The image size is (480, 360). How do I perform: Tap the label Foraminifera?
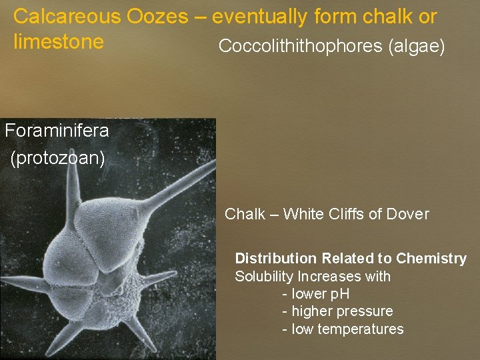click(x=57, y=131)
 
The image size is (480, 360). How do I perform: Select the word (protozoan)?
click(x=58, y=159)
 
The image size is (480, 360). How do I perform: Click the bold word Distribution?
click(x=276, y=258)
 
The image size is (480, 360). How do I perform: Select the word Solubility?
click(x=264, y=276)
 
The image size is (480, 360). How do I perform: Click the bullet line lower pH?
click(x=316, y=294)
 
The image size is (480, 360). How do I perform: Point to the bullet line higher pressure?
click(x=337, y=311)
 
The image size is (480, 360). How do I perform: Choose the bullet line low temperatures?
click(x=343, y=329)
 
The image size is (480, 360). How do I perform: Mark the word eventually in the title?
click(x=262, y=17)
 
